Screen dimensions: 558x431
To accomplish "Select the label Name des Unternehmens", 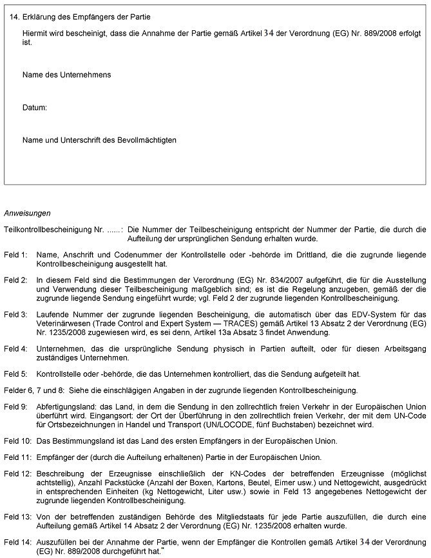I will click(x=66, y=75).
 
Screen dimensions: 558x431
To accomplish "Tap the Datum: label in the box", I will click(x=35, y=107).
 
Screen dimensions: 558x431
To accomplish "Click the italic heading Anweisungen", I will click(x=27, y=212).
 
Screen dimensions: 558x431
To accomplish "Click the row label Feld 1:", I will click(x=15, y=255).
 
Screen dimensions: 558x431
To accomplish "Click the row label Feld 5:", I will click(x=15, y=374).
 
